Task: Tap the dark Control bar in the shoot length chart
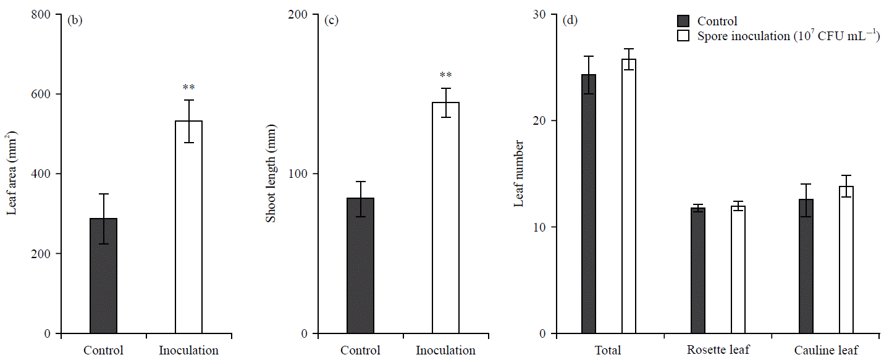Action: coord(360,266)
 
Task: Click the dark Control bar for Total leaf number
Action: coord(589,204)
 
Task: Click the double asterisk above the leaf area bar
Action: coord(188,88)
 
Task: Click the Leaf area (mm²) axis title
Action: coord(12,173)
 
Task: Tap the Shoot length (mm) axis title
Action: coord(270,174)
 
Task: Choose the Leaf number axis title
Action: coord(520,174)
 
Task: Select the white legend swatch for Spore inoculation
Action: coord(683,36)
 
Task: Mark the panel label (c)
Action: coord(331,20)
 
